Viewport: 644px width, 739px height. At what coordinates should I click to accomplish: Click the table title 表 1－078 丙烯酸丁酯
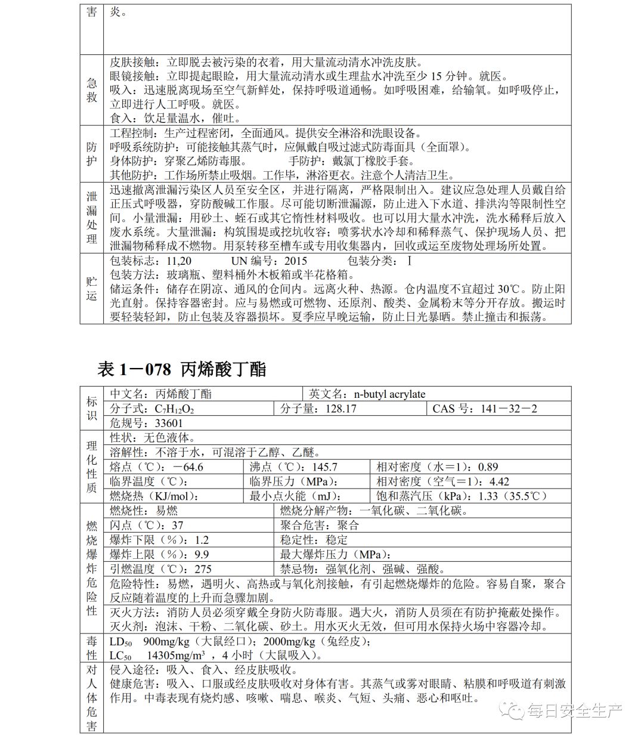pyautogui.click(x=181, y=370)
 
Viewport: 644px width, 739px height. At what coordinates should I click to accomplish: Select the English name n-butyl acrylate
pyautogui.click(x=389, y=394)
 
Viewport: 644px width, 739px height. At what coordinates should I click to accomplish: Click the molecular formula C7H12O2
pyautogui.click(x=174, y=409)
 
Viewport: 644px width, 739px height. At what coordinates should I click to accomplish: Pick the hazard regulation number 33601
pyautogui.click(x=169, y=423)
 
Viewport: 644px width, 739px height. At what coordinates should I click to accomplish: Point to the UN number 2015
pyautogui.click(x=295, y=261)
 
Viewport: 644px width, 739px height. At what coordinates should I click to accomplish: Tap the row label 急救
pyautogui.click(x=91, y=90)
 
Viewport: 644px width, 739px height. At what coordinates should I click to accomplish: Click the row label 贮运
pyautogui.click(x=91, y=288)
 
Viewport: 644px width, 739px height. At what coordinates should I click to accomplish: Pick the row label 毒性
pyautogui.click(x=91, y=648)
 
